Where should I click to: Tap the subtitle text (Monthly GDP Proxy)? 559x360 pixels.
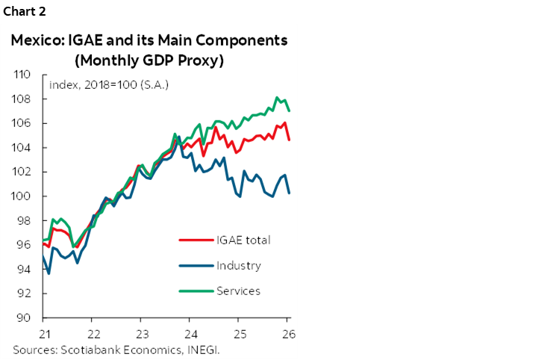tap(149, 60)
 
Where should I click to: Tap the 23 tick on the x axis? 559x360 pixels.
tap(141, 332)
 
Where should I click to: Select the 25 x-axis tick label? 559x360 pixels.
tap(240, 332)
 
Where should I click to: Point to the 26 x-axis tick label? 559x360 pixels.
tap(288, 332)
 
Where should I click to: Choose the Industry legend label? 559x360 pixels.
tap(238, 265)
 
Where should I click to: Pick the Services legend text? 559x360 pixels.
tap(238, 291)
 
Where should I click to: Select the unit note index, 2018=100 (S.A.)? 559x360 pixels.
tap(108, 84)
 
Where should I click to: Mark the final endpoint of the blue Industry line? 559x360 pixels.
tap(289, 193)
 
